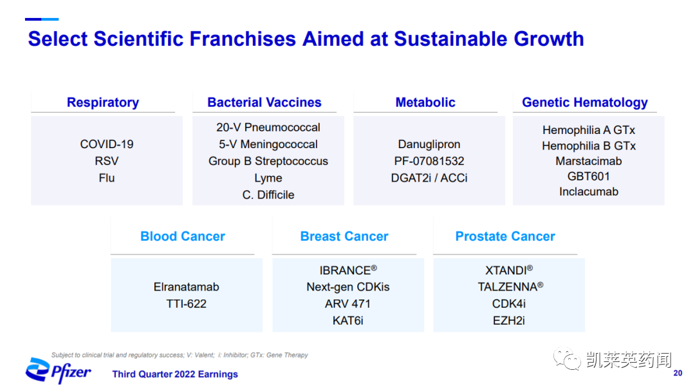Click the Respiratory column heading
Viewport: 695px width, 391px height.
point(103,102)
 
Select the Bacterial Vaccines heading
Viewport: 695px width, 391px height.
point(264,102)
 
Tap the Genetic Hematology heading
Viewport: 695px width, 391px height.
point(584,102)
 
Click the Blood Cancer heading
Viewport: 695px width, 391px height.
point(183,236)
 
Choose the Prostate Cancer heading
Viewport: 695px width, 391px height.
point(505,236)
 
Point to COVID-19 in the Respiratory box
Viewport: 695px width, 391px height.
point(107,144)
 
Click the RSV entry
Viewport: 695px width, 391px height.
point(107,161)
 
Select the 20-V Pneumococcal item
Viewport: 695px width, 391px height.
point(268,128)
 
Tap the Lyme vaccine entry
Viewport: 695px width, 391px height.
point(268,178)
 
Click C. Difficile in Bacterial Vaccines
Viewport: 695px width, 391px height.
point(268,195)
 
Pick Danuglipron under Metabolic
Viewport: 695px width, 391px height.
point(429,145)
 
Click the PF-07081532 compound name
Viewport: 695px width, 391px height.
point(429,161)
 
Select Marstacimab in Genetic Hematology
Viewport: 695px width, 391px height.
point(589,161)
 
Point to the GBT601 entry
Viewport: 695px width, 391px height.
point(589,176)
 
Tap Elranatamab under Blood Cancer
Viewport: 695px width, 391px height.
point(186,287)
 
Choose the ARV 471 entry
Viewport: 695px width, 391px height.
point(347,304)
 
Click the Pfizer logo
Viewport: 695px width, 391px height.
point(58,371)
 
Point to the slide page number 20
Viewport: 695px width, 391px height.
point(678,373)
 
